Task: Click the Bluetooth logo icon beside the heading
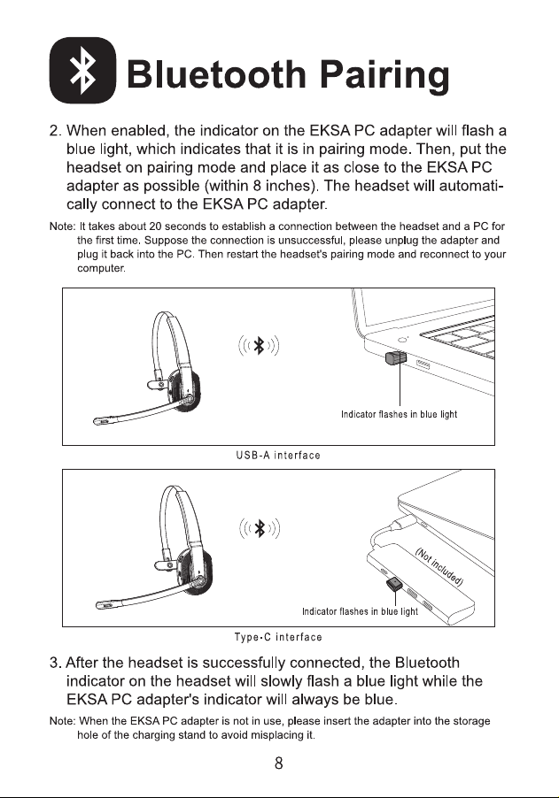82,70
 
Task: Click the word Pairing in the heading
384,75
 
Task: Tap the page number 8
279,763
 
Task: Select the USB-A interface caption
278,456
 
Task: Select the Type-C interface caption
278,637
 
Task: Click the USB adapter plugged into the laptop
396,357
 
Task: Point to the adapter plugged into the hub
395,584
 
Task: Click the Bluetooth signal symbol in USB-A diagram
259,346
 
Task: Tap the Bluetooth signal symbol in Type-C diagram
260,528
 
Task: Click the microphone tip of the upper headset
101,421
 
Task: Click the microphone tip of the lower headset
105,604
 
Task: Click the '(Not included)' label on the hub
439,567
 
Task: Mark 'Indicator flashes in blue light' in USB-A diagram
399,414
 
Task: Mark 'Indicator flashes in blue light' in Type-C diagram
360,611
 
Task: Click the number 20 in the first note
155,226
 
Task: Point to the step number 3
55,663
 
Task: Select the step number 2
55,131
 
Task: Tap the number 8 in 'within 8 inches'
257,186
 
